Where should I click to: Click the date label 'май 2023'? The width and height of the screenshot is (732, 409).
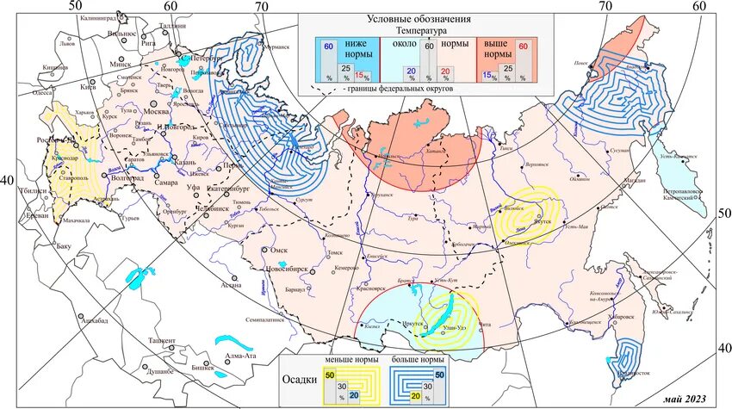click(x=685, y=398)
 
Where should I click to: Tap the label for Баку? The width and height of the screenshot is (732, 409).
click(x=62, y=247)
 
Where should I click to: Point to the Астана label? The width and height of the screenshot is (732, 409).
click(x=231, y=285)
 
